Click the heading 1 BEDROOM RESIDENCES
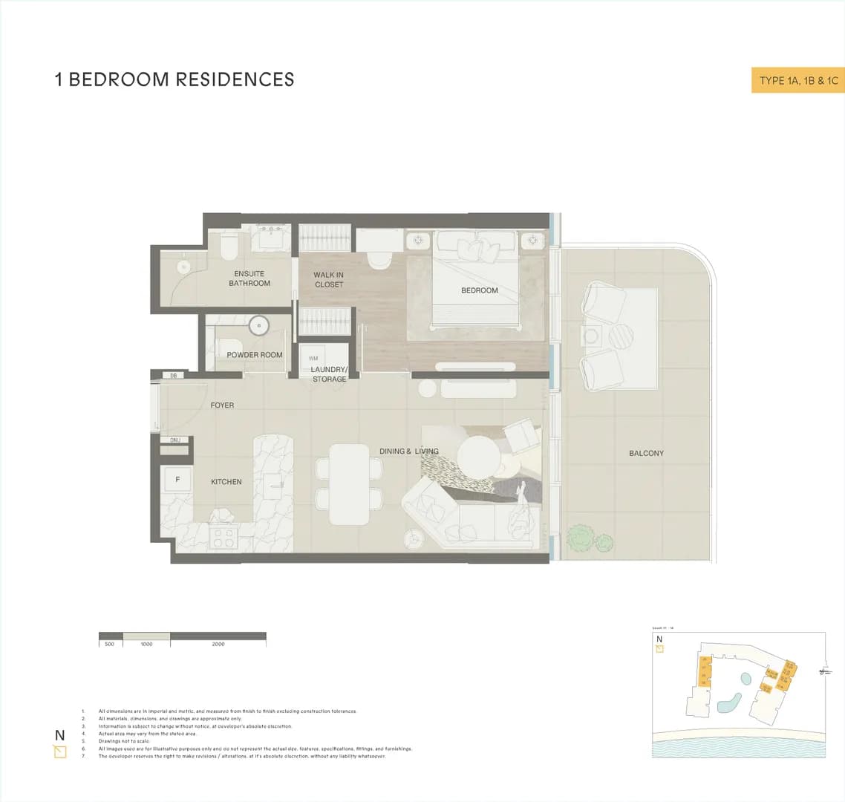(x=174, y=79)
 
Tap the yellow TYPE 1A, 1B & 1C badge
(x=798, y=80)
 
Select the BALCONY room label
(x=646, y=453)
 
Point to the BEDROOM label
(x=479, y=290)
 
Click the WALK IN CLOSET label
(x=329, y=280)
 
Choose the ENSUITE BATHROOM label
(x=249, y=278)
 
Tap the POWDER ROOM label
(x=255, y=355)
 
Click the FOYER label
(x=222, y=405)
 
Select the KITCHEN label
(x=226, y=482)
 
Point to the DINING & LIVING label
(x=408, y=451)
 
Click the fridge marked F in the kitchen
(x=177, y=480)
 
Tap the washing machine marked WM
(x=313, y=358)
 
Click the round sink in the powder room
(x=258, y=325)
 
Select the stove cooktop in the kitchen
(x=224, y=536)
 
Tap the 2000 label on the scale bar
(x=218, y=645)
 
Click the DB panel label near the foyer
(x=174, y=376)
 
